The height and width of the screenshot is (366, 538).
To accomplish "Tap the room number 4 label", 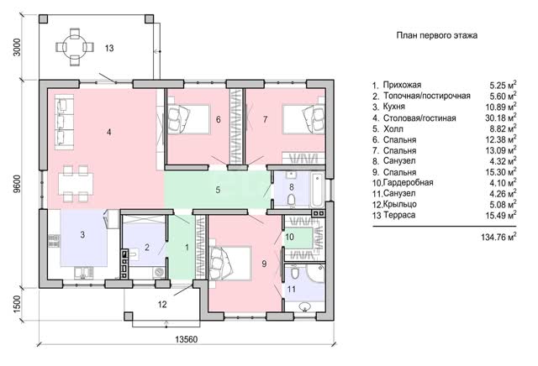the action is click(108, 132).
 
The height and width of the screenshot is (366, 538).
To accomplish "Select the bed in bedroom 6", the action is click(188, 118).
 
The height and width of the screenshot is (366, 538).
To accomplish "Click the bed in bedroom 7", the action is click(303, 118).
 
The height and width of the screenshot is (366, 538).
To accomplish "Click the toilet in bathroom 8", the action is click(292, 200).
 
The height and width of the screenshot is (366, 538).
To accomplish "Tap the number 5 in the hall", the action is click(218, 190).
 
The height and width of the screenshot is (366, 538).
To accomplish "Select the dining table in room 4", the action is click(76, 184).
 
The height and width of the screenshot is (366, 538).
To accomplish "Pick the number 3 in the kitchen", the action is click(82, 235).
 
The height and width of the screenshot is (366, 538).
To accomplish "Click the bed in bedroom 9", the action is click(229, 264).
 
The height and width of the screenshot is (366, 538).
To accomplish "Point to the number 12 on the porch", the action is click(162, 304).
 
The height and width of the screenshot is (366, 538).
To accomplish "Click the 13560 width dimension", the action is click(187, 339).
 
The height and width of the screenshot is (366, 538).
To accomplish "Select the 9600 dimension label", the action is click(17, 184).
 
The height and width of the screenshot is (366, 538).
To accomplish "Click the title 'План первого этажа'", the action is click(437, 35).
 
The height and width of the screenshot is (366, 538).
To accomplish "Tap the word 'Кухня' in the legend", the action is click(394, 107).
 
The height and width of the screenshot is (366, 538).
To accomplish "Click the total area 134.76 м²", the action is click(498, 237).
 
